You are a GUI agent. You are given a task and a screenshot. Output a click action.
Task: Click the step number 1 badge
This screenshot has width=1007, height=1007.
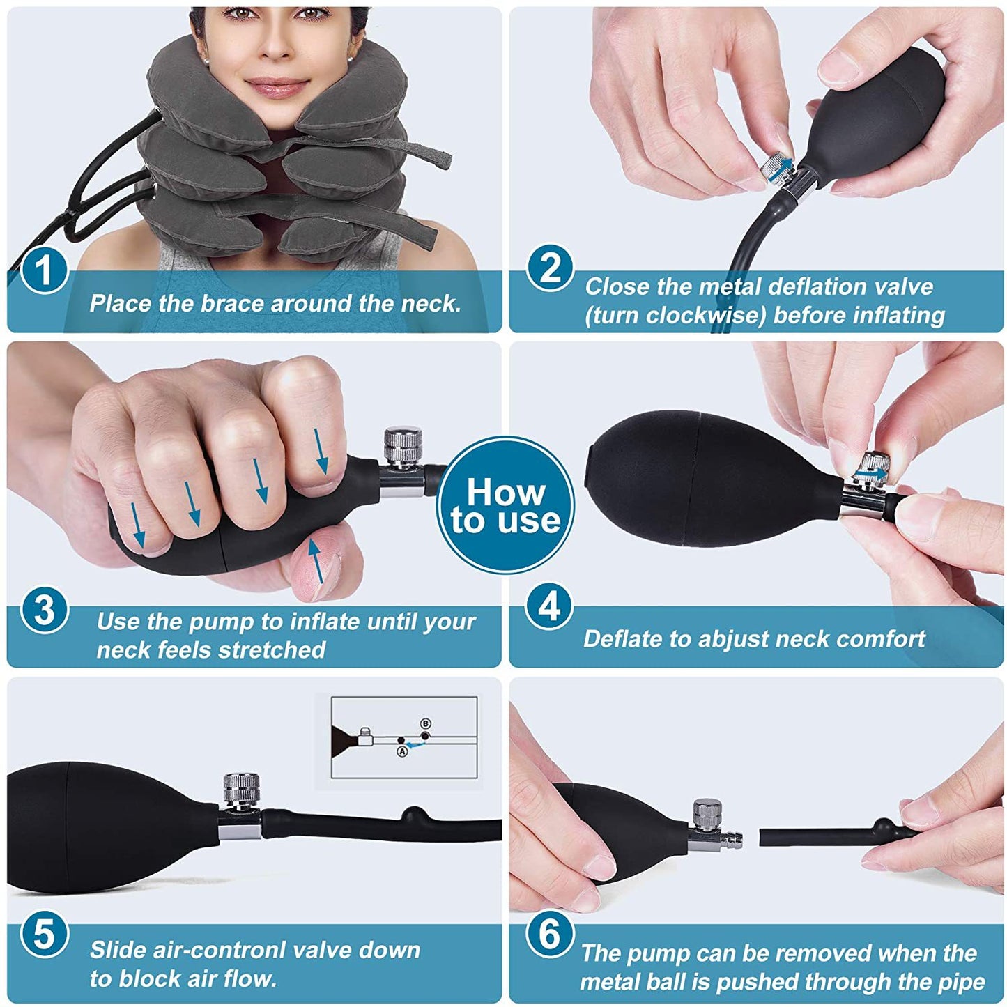pos(44,271)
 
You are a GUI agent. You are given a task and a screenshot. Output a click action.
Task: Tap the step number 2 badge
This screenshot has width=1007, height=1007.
pos(550,268)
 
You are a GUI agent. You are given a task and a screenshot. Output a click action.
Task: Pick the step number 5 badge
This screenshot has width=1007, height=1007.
pos(44,934)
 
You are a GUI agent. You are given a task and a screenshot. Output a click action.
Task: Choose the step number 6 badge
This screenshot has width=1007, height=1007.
pos(550,934)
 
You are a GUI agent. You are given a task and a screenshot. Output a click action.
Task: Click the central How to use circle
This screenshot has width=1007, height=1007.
pos(505,505)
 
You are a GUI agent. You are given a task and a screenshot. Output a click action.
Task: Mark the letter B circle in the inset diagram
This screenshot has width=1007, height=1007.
pos(426,724)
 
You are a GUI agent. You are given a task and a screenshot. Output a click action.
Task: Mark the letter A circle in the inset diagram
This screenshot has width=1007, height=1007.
pos(401,751)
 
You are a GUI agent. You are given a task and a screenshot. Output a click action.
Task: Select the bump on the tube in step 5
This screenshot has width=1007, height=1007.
pos(414,813)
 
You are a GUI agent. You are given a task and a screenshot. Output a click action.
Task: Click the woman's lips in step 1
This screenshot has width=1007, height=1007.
pos(277,88)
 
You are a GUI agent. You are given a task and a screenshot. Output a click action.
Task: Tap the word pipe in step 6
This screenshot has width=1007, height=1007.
pos(962,982)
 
